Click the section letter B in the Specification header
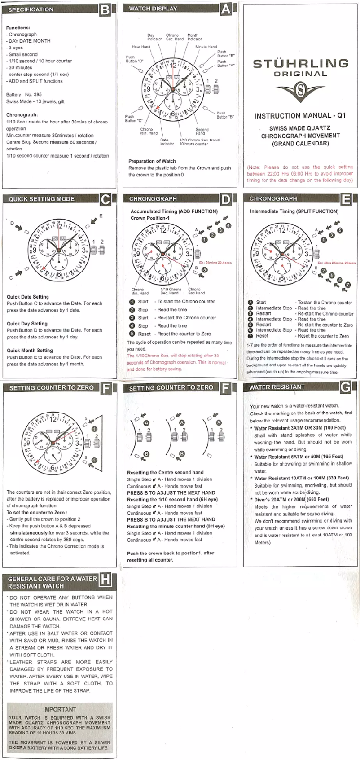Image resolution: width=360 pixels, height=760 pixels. pyautogui.click(x=105, y=10)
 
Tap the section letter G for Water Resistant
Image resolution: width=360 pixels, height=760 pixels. pyautogui.click(x=345, y=387)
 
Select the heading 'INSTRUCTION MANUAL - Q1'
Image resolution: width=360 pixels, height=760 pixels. pyautogui.click(x=300, y=116)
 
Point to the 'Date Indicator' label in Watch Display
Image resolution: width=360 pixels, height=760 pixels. pyautogui.click(x=167, y=142)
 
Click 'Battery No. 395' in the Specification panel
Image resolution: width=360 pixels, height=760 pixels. pyautogui.click(x=24, y=95)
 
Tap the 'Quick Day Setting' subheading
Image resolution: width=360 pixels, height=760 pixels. pyautogui.click(x=27, y=324)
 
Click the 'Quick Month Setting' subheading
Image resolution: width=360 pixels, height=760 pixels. pyautogui.click(x=30, y=351)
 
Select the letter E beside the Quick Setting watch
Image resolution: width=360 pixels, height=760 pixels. pyautogui.click(x=101, y=216)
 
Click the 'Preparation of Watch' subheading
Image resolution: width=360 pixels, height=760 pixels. pyautogui.click(x=152, y=161)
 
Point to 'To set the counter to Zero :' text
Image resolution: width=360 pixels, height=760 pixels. pyautogui.click(x=37, y=512)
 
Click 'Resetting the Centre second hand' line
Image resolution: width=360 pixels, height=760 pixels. pyautogui.click(x=165, y=473)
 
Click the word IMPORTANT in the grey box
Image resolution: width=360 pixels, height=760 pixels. pyautogui.click(x=59, y=709)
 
